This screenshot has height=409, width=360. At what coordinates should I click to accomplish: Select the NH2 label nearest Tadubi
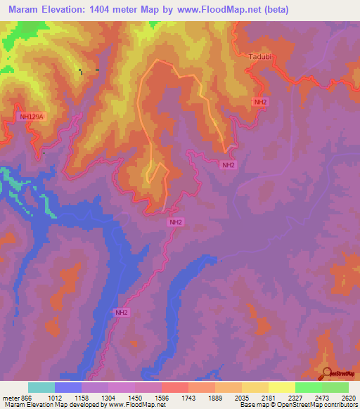tap(261, 102)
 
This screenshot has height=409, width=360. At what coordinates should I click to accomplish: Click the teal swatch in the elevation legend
tap(41, 387)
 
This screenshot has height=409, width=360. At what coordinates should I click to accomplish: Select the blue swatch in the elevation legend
tap(68, 387)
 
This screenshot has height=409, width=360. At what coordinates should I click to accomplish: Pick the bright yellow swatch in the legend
tap(282, 387)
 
